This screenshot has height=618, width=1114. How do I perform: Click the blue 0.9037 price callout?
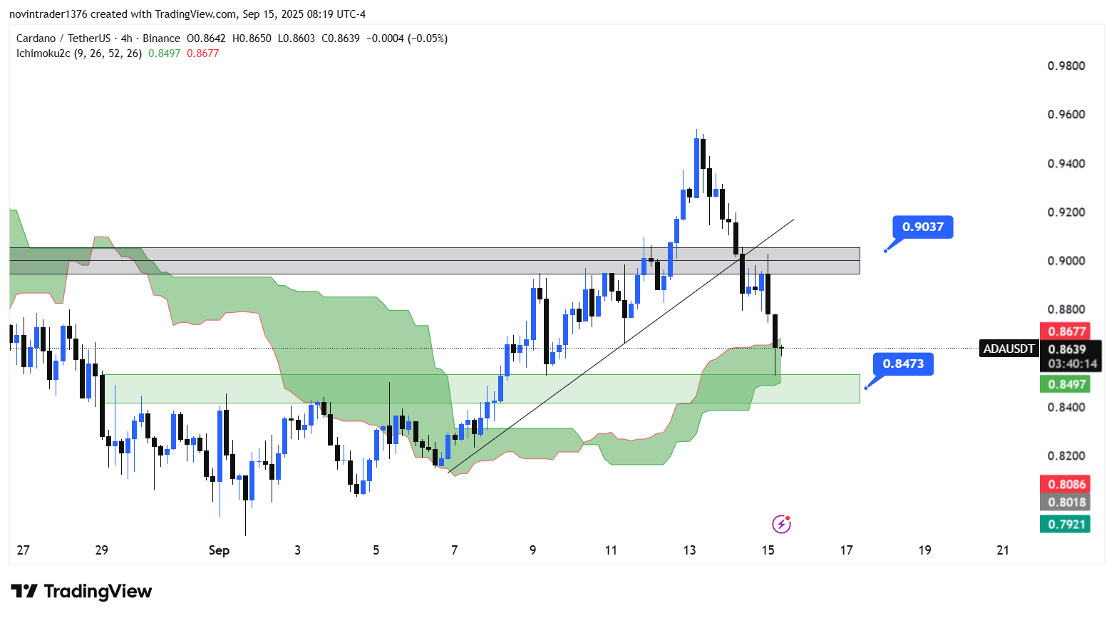coord(922,227)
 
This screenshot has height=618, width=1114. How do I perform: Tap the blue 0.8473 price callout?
coord(903,364)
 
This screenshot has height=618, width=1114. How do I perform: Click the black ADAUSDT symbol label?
coord(1009,349)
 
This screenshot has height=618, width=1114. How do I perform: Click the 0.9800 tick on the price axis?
coord(1066,66)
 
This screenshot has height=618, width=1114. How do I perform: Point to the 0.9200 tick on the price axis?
coord(1066,212)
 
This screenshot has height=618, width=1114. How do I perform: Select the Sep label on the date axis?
coord(219,550)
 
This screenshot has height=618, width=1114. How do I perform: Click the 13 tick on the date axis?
coord(689,550)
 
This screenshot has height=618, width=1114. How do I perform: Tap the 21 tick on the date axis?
coord(1003,550)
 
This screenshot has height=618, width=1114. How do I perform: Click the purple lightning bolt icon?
coord(781,525)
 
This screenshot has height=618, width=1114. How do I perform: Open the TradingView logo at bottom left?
coord(81,592)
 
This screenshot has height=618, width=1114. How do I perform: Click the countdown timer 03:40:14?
coord(1072,364)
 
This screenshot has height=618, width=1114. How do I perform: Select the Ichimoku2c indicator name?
coord(43,53)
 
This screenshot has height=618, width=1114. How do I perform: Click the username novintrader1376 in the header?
coord(48,14)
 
